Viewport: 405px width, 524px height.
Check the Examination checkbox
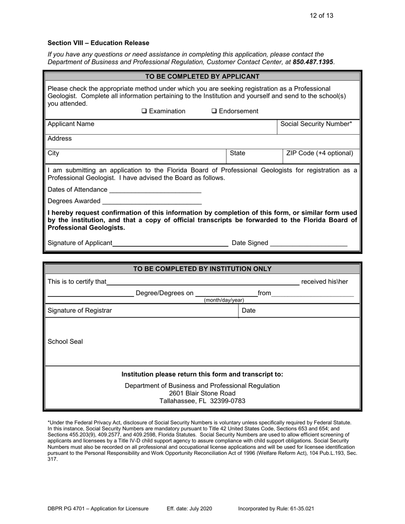(x=144, y=112)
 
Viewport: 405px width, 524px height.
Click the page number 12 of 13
(x=322, y=16)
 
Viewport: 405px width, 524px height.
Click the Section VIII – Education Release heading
(x=98, y=43)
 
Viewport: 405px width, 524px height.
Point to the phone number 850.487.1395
(x=313, y=62)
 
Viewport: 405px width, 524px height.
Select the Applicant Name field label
(x=71, y=124)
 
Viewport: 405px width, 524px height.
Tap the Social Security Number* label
(x=316, y=124)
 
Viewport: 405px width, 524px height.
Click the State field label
(x=237, y=153)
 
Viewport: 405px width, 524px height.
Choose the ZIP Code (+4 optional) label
(x=320, y=153)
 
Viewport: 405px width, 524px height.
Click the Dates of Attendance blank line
(x=155, y=190)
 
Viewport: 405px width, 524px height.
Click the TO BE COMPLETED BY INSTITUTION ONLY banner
(x=202, y=269)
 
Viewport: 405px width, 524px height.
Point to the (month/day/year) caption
(x=224, y=300)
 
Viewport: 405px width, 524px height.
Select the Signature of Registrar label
(x=80, y=311)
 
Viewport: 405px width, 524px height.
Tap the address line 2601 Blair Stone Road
(x=202, y=393)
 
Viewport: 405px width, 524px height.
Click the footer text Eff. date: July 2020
(x=189, y=509)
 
